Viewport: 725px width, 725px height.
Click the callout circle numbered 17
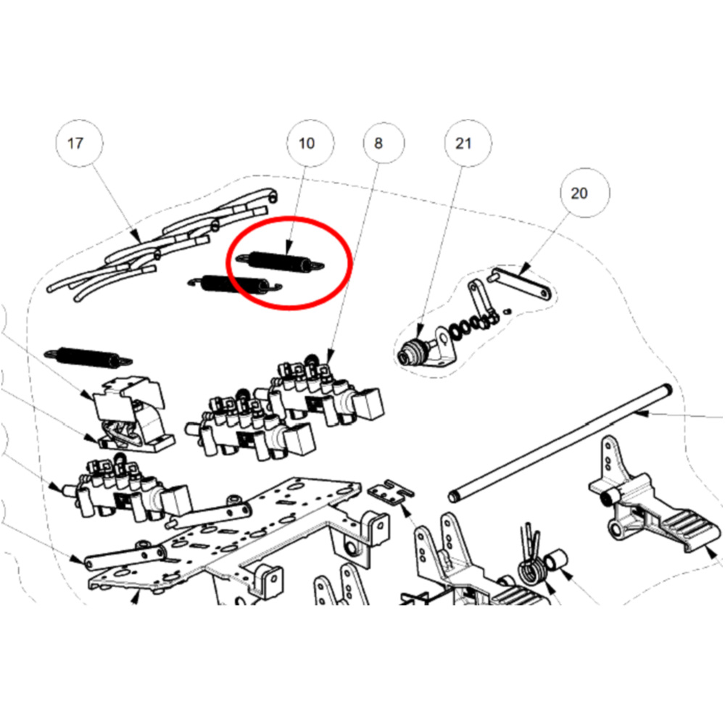pyautogui.click(x=79, y=144)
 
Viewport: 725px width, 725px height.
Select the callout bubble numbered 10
pyautogui.click(x=310, y=144)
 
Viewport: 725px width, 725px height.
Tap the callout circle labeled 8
pyautogui.click(x=384, y=144)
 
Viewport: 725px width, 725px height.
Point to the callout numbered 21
pyautogui.click(x=468, y=144)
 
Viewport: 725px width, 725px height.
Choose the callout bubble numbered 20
pyautogui.click(x=585, y=193)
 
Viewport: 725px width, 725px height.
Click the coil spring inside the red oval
pyautogui.click(x=280, y=262)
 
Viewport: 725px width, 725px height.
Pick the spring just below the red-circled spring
pyautogui.click(x=234, y=284)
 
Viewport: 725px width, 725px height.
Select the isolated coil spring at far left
pyautogui.click(x=88, y=357)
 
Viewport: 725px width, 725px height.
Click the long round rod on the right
pyautogui.click(x=560, y=443)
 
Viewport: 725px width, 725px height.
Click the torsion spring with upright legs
pyautogui.click(x=531, y=562)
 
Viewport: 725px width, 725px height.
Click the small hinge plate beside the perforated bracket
pyautogui.click(x=391, y=492)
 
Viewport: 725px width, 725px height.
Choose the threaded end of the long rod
pyautogui.click(x=453, y=497)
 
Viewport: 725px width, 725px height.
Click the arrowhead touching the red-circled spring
pyautogui.click(x=288, y=249)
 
